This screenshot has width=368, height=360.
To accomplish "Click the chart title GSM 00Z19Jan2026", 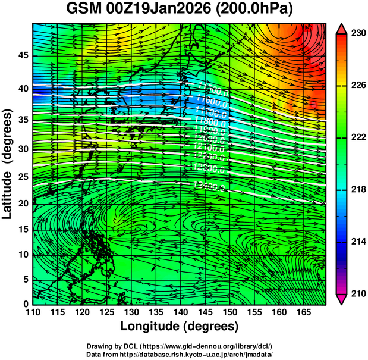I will click(x=137, y=10).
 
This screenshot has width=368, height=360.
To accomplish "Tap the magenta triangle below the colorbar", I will click(x=342, y=299).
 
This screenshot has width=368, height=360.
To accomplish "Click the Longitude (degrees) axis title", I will click(x=180, y=327).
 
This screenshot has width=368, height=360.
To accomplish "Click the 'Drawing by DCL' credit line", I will click(x=180, y=346).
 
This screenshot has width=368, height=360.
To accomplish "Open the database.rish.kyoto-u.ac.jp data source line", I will click(x=180, y=354).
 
